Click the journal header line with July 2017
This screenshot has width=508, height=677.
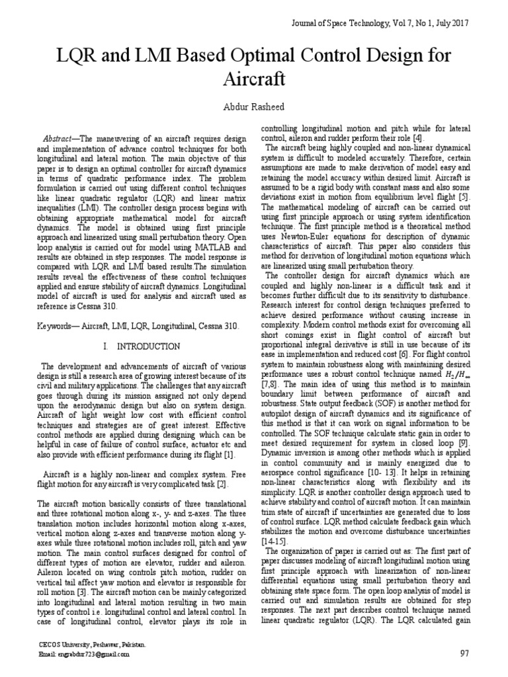tap(380, 23)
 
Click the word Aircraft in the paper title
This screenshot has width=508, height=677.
tap(253, 79)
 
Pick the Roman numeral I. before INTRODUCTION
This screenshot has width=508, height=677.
tap(106, 346)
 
